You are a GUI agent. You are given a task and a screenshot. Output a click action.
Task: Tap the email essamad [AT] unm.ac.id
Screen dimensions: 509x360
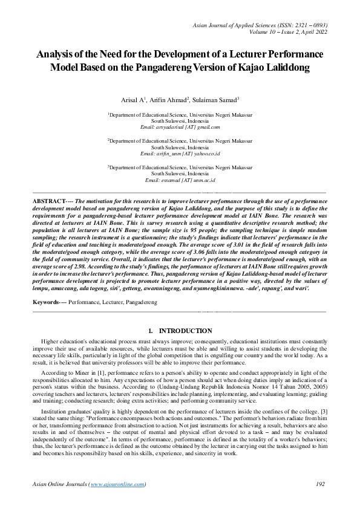point(180,180)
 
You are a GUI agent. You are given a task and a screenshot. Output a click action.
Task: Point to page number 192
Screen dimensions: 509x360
point(319,484)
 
